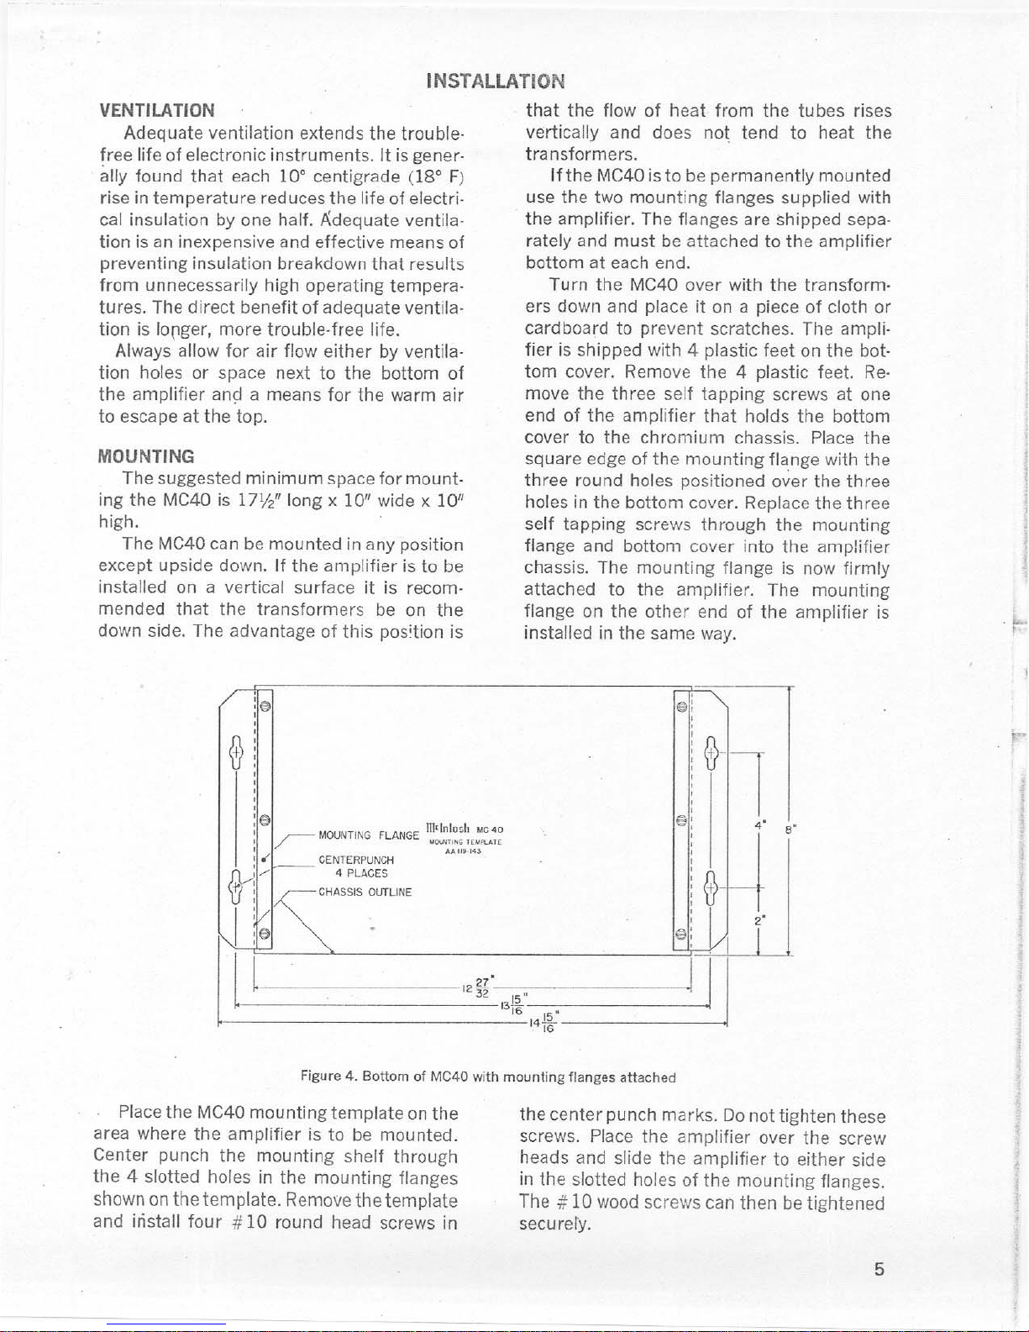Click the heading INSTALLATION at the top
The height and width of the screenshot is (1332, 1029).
(496, 81)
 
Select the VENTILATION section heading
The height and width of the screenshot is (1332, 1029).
(157, 110)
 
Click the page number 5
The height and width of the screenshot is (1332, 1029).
(879, 1269)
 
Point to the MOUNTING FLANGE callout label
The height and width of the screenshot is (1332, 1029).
(368, 835)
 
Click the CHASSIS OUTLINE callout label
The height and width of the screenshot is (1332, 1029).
(365, 892)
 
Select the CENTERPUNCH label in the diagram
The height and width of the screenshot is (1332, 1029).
(356, 860)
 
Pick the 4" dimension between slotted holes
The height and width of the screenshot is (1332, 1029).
(759, 824)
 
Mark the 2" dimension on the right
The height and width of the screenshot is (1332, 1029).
(758, 920)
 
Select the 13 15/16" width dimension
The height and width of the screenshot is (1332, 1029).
(513, 1003)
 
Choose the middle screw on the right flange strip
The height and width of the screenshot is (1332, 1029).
(681, 819)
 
